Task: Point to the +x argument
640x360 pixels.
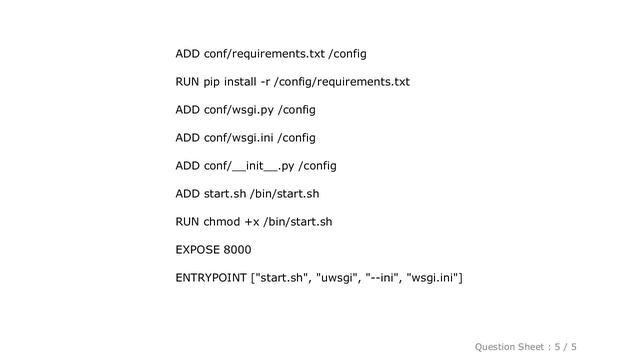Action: [x=261, y=221]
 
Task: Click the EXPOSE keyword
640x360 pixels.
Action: [x=199, y=249]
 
